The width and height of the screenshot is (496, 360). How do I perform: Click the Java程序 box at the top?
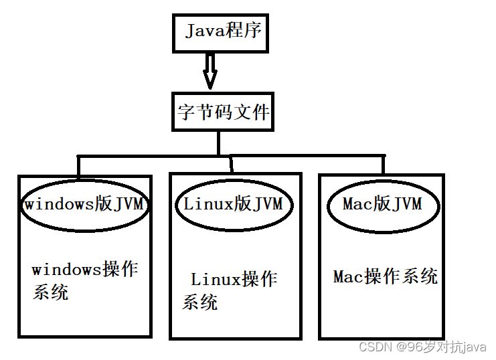coord(220,31)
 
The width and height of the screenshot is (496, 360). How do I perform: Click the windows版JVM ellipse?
coord(84,204)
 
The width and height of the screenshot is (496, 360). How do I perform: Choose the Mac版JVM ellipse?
coord(383,204)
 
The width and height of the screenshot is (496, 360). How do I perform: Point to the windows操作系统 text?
coord(84,280)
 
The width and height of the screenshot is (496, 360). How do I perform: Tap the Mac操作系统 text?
coord(386,276)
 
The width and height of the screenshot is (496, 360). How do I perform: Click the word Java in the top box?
coord(204,31)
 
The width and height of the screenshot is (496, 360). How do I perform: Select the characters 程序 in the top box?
coord(241,31)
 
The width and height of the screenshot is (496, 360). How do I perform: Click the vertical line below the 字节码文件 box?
coord(218,143)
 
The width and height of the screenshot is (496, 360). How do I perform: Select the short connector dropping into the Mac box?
coord(384,165)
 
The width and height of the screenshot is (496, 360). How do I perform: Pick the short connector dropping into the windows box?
coord(79,167)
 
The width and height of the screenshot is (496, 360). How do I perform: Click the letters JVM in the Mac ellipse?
coord(407,204)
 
